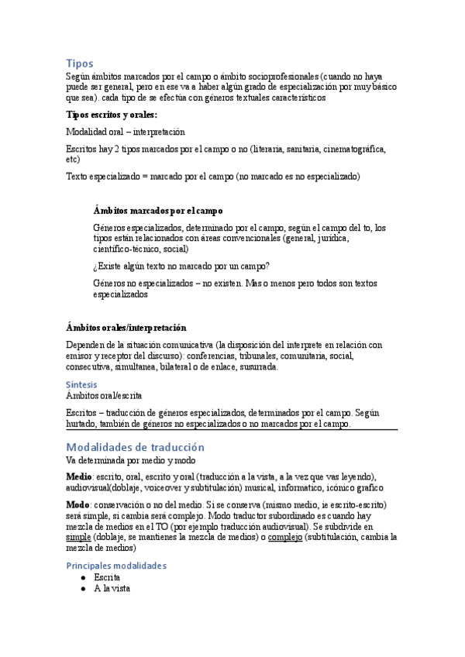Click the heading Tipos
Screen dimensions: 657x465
coord(80,63)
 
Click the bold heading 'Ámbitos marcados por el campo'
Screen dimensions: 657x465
coord(158,210)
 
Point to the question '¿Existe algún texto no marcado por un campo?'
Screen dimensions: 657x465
coord(181,266)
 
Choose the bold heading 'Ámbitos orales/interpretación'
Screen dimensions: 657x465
coord(126,328)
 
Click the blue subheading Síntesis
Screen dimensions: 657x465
coord(82,384)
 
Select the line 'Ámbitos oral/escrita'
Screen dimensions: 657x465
coord(104,395)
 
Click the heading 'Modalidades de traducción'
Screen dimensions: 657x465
coord(135,447)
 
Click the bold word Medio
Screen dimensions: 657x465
coord(79,475)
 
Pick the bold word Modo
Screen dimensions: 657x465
coord(78,504)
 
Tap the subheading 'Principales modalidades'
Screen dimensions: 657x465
coord(116,565)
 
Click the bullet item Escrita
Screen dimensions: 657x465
coord(107,577)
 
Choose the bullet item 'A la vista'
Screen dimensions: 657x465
coord(112,588)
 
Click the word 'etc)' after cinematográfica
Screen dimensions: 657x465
coord(74,159)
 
